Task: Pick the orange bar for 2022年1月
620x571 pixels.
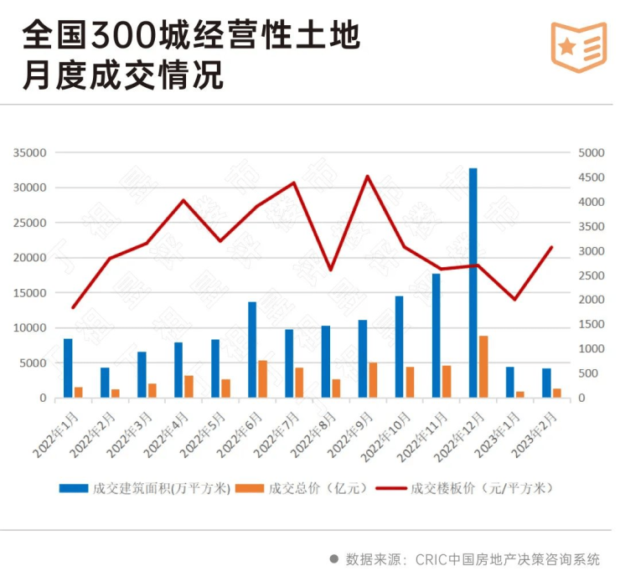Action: click(79, 392)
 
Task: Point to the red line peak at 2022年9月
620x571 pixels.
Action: click(367, 176)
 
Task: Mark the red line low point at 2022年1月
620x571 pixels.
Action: click(73, 308)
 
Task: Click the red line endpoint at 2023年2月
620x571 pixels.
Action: click(551, 247)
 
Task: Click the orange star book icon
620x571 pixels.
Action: click(578, 47)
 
